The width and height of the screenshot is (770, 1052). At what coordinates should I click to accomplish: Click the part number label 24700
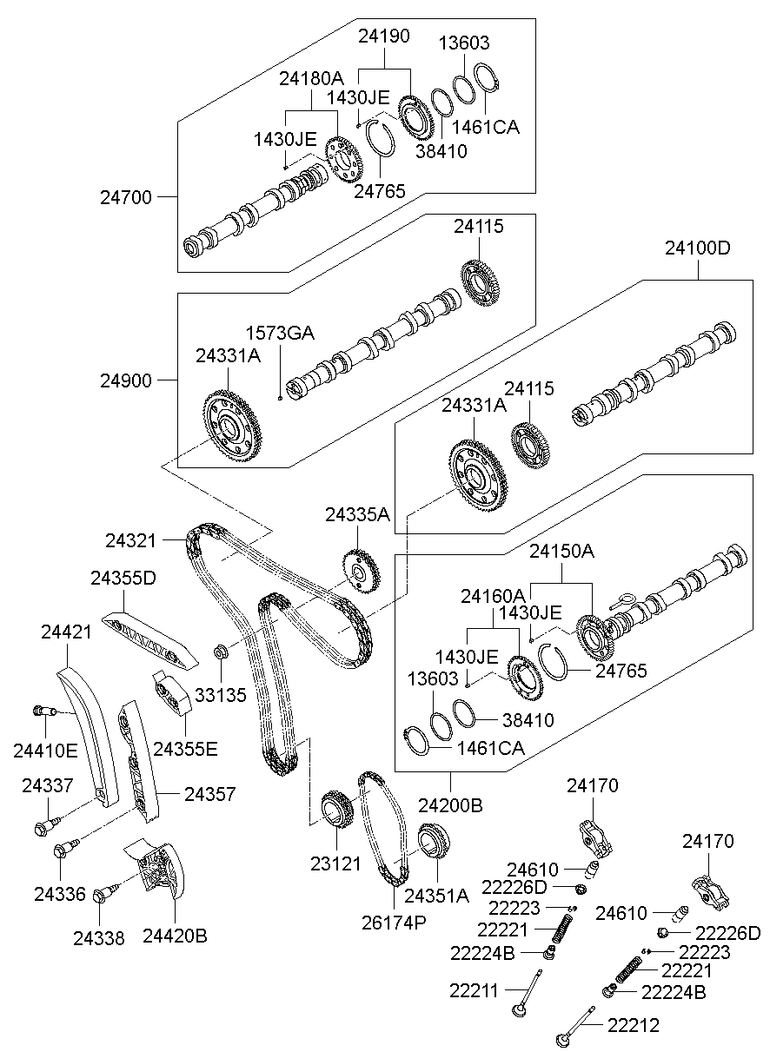[x=127, y=197]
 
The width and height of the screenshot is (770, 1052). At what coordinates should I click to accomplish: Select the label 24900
[x=127, y=380]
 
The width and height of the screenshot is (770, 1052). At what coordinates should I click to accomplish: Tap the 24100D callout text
[x=698, y=248]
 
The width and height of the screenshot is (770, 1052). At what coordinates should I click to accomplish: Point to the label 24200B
[x=449, y=805]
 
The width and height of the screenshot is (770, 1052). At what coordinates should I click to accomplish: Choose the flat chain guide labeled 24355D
[x=143, y=638]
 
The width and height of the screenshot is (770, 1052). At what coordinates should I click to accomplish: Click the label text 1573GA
[x=280, y=334]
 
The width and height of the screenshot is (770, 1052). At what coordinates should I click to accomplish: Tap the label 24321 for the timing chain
[x=131, y=540]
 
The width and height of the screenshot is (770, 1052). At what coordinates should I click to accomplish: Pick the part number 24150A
[x=561, y=552]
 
